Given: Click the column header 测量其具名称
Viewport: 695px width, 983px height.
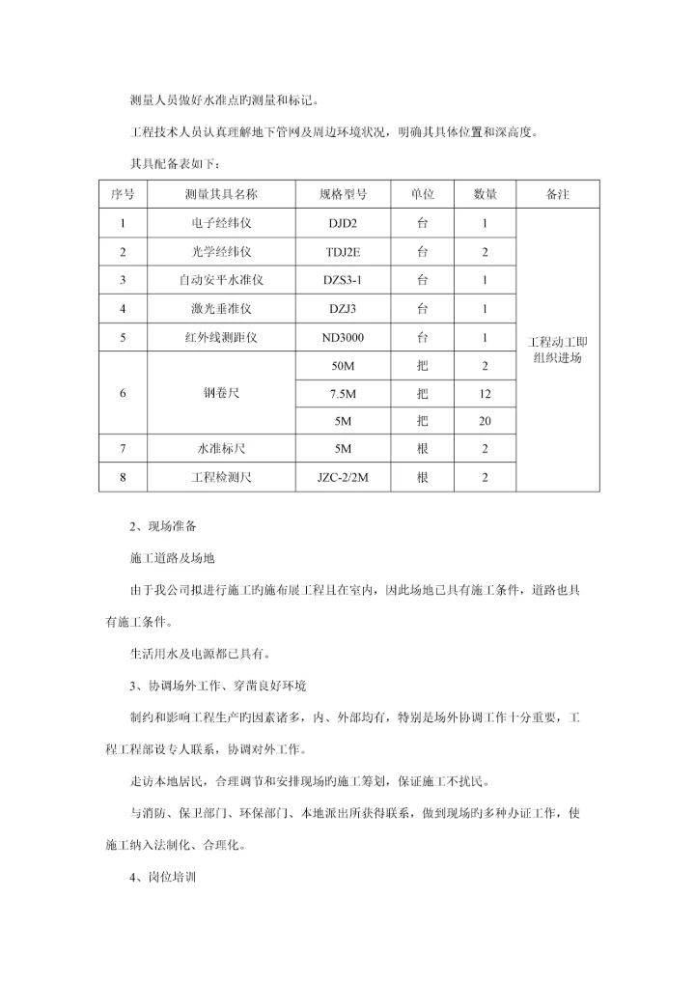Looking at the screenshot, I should pos(221,194).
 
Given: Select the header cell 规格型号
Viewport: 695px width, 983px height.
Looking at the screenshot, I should pos(344,194).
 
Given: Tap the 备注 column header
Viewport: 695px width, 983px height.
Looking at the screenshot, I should pos(558,194).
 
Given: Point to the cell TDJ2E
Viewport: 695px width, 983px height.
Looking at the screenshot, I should pos(344,252).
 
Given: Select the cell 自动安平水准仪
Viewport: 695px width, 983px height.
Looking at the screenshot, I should pos(221,281).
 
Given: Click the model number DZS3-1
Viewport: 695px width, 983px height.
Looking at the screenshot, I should pos(344,281).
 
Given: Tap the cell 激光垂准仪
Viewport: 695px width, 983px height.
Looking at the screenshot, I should pos(221,310).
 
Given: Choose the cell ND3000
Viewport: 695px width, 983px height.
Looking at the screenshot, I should pos(344,339).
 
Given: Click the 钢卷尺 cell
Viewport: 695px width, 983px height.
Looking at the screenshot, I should pos(221,394).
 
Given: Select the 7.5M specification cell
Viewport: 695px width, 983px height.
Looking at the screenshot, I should pos(344,394).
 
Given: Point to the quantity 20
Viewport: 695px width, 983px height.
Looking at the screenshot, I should pos(485,422).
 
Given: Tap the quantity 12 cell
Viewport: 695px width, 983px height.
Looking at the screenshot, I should pos(485,394).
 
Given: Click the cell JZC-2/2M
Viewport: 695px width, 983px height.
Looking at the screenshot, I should pos(344,477).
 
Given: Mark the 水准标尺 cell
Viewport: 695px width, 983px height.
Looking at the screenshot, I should pos(221,449).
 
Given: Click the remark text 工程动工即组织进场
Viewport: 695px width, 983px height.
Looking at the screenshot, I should pos(558,350).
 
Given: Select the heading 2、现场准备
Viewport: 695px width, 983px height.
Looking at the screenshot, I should pos(166,527).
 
